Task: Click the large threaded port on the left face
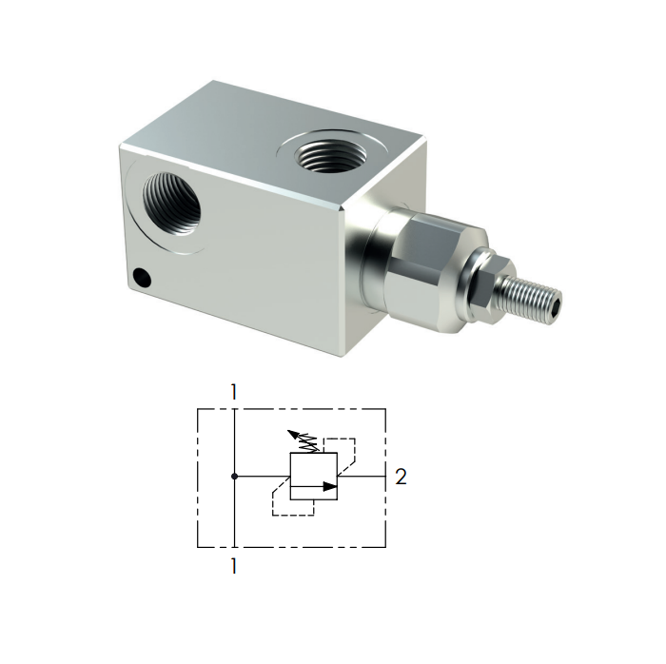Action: pos(171,204)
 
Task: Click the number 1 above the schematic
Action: pos(232,391)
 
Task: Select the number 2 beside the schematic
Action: pos(401,478)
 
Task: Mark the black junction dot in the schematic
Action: pos(233,475)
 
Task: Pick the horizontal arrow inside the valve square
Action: pos(315,486)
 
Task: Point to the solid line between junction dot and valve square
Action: pos(262,475)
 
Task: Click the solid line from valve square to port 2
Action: pos(362,475)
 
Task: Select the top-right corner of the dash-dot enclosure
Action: pos(384,409)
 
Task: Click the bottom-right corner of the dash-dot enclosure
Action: pos(384,548)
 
